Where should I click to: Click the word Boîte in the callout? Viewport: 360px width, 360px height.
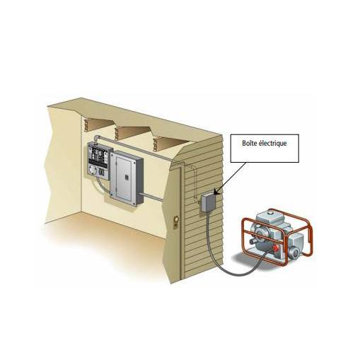click(250, 143)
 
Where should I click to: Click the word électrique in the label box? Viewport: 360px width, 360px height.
click(273, 144)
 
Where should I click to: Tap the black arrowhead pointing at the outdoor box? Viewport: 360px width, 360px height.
click(216, 192)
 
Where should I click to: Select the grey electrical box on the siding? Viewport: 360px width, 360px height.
click(209, 202)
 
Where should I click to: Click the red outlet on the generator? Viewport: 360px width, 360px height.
click(274, 248)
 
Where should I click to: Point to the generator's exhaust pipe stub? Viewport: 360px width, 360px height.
click(254, 242)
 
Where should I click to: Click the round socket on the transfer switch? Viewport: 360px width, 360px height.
click(93, 170)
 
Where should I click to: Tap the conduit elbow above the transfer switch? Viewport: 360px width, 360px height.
click(97, 139)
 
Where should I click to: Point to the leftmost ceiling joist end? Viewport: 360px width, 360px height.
click(87, 125)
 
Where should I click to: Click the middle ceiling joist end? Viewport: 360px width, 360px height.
click(117, 133)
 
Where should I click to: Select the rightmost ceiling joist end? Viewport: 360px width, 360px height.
click(156, 144)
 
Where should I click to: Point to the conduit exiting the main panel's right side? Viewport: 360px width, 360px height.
click(153, 197)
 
